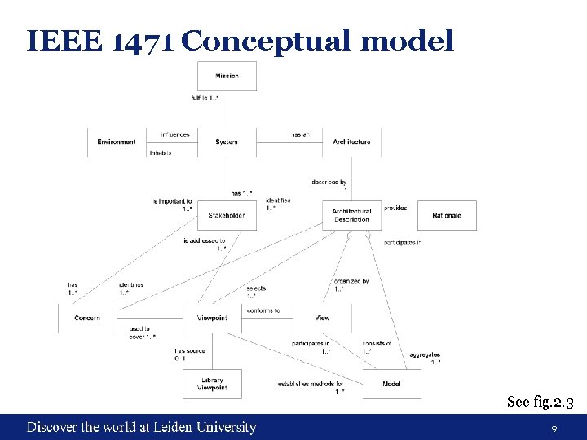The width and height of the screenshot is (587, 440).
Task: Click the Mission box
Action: (227, 76)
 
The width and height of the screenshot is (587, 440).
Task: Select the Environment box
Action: (117, 142)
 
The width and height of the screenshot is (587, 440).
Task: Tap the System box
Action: (227, 142)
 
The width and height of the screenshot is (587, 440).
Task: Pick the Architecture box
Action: (351, 142)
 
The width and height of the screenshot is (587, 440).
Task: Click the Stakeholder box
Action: (227, 215)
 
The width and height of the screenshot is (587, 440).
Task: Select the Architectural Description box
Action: (351, 215)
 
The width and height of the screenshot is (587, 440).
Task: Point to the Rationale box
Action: (447, 215)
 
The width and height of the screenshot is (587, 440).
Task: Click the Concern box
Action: (87, 318)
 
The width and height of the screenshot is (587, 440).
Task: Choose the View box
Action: (322, 318)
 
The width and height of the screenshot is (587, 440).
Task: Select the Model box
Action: (392, 384)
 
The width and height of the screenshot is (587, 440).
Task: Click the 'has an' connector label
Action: (300, 134)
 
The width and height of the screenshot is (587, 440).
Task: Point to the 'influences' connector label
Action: (175, 134)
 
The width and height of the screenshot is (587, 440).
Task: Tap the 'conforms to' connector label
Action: (263, 310)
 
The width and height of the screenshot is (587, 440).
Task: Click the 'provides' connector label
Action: (395, 208)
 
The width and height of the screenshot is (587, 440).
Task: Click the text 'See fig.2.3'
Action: (541, 401)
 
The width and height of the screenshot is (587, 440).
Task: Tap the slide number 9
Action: (554, 429)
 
